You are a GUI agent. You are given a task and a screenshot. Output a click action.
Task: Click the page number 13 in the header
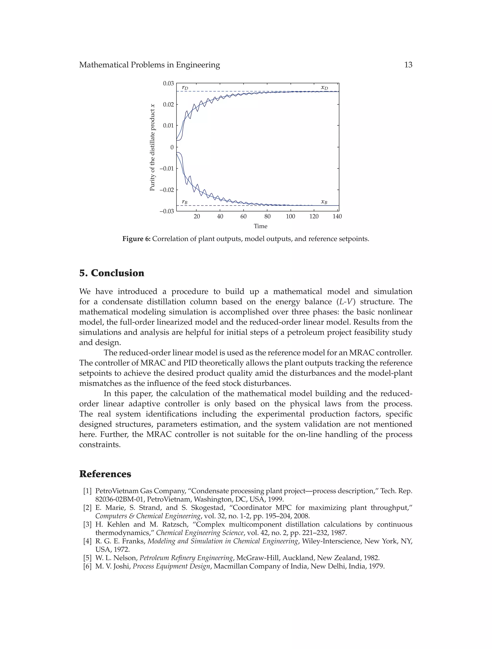408,65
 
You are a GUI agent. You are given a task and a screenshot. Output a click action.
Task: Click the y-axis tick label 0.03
168,83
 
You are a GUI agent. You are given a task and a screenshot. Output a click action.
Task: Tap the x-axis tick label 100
290,217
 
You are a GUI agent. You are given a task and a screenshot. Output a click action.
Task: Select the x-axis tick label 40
220,217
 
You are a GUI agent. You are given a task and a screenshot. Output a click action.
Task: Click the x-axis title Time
260,226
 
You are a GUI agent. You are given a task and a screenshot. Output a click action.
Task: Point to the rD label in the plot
185,87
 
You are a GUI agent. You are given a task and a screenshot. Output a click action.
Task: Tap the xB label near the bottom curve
324,202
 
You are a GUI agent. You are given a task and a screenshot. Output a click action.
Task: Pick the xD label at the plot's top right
324,87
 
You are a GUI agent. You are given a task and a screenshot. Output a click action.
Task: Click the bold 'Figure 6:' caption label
136,239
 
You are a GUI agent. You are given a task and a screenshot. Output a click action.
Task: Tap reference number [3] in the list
87,524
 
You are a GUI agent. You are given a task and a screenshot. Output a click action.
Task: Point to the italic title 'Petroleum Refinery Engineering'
187,558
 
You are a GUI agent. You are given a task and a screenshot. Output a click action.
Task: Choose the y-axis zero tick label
172,147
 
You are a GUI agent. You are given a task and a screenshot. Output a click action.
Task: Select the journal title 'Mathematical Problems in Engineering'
149,65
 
